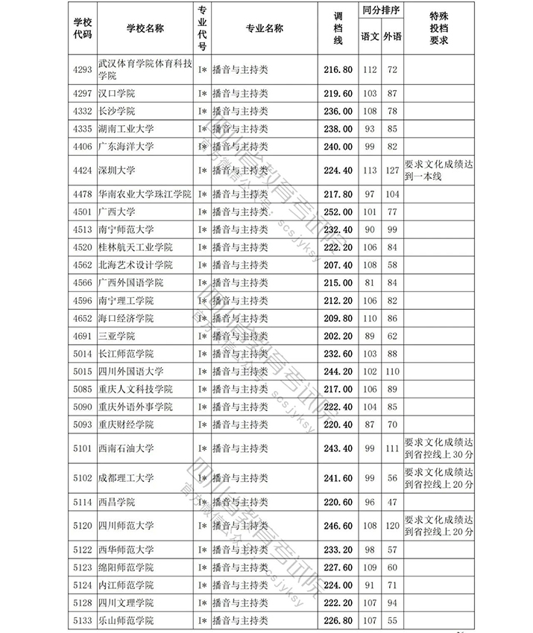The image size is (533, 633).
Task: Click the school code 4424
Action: [83, 170]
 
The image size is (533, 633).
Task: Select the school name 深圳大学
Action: [117, 170]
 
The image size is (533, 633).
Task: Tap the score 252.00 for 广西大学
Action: [338, 211]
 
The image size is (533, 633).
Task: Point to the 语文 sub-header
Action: [370, 36]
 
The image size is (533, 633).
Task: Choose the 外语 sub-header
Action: [392, 36]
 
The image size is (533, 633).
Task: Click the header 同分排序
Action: [381, 12]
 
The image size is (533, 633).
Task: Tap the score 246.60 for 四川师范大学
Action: [338, 526]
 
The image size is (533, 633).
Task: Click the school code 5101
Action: [83, 448]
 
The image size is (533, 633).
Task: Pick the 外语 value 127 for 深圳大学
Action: [392, 170]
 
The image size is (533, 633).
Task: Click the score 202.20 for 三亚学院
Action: [338, 336]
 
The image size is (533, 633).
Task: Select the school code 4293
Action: [83, 70]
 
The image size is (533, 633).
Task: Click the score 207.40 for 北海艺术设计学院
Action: [338, 265]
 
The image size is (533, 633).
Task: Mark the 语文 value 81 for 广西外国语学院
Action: [370, 283]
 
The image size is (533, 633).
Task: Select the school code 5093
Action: [83, 424]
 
